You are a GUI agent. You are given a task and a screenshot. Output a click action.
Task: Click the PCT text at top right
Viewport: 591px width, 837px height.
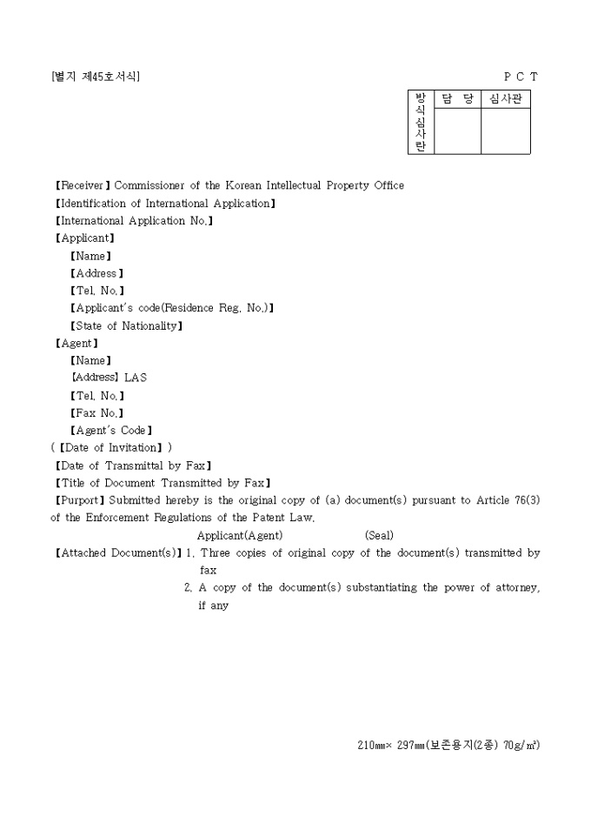click(521, 77)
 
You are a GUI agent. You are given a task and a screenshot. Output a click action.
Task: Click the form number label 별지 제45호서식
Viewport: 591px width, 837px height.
click(96, 77)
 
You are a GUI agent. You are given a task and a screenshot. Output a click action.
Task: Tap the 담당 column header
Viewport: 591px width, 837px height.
click(457, 99)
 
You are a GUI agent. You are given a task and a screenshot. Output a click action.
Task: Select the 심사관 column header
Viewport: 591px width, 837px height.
click(505, 99)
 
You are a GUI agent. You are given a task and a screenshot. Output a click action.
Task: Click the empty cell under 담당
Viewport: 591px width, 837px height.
click(457, 131)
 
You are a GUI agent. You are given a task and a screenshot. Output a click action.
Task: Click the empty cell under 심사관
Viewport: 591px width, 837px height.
click(505, 131)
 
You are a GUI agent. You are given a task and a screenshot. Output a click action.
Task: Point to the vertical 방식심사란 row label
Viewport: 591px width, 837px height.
click(421, 122)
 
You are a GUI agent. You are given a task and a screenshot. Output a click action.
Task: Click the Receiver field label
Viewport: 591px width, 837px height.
click(83, 185)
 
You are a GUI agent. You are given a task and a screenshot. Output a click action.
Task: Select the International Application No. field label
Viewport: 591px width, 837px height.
click(134, 221)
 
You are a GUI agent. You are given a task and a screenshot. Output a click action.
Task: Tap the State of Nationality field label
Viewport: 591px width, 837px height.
click(126, 326)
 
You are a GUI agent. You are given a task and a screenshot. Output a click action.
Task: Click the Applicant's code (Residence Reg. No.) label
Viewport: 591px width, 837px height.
click(172, 308)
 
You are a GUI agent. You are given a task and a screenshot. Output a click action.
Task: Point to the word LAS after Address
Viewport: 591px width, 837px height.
click(136, 378)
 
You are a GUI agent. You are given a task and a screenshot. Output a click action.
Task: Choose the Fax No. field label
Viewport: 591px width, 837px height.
click(96, 413)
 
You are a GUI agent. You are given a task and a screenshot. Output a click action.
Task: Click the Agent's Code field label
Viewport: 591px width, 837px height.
click(111, 431)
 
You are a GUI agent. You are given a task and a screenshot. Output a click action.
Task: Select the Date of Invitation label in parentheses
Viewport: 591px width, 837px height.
click(111, 448)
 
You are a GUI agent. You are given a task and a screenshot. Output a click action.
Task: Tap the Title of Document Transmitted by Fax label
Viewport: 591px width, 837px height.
click(163, 483)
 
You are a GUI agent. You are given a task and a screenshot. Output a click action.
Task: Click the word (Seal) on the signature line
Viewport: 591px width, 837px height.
click(379, 535)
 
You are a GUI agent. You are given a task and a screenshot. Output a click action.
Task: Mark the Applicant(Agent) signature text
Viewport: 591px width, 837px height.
click(240, 535)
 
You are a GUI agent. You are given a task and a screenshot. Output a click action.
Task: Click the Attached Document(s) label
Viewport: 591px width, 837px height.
click(118, 552)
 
